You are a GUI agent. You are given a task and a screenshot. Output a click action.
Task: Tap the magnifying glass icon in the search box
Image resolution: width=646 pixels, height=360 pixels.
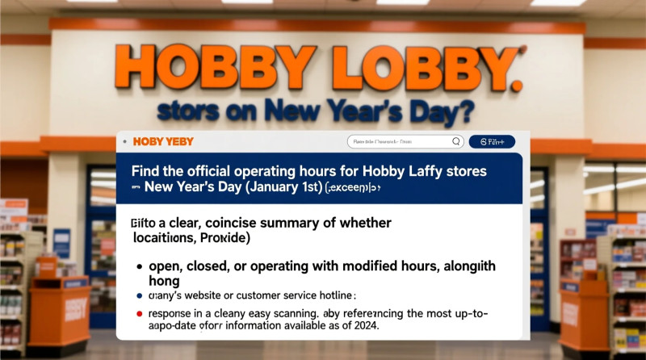click(457, 141)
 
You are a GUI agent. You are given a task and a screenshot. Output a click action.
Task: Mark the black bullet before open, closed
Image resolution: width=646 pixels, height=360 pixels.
click(141, 266)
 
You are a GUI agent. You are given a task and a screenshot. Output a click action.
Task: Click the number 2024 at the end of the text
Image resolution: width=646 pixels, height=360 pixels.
click(362, 326)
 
